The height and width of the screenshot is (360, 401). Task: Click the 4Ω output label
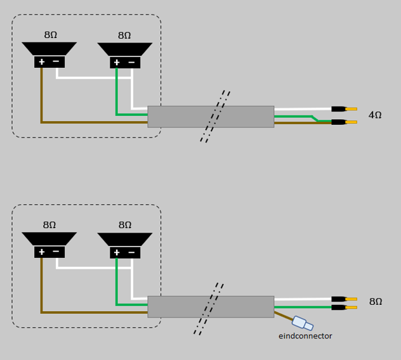click(375, 115)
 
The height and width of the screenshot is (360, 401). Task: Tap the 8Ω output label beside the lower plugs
click(376, 302)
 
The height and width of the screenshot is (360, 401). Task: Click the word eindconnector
click(305, 336)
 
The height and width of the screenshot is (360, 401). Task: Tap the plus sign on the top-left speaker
click(42, 62)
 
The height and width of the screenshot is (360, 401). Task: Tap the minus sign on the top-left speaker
click(56, 61)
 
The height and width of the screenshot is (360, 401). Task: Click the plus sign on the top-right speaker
click(117, 63)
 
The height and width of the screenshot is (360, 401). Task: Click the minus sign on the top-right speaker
click(131, 62)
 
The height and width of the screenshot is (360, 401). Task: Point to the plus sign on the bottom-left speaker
click(42, 252)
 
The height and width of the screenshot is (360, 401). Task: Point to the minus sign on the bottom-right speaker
click(131, 252)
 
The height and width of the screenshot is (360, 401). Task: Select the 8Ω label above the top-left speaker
click(51, 35)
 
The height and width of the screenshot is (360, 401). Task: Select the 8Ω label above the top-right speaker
click(124, 36)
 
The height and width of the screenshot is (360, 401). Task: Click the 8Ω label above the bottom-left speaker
click(49, 225)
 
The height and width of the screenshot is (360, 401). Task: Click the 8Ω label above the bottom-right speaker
click(125, 225)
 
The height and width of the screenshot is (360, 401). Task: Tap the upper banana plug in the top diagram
click(343, 109)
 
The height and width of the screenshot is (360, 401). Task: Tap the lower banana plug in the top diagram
click(343, 122)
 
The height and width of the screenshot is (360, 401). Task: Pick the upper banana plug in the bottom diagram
click(343, 299)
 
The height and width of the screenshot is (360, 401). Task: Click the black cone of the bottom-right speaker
click(125, 239)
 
